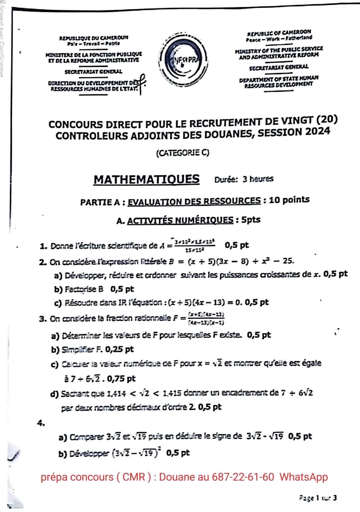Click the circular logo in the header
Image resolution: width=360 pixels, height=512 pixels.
click(x=184, y=63)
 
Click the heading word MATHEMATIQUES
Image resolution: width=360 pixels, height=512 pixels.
click(x=147, y=180)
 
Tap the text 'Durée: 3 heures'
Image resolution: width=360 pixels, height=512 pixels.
click(x=244, y=179)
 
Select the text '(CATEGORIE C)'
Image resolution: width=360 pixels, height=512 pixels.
click(x=182, y=153)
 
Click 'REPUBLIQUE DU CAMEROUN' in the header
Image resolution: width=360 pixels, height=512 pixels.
click(x=94, y=38)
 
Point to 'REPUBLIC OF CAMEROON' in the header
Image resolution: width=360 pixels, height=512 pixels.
click(x=279, y=32)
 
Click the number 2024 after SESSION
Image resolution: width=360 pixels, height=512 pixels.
click(x=318, y=131)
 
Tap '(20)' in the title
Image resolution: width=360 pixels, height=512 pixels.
click(x=327, y=119)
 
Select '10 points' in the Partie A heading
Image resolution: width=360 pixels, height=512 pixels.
click(x=289, y=200)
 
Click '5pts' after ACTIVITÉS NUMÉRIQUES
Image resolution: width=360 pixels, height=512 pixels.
click(x=251, y=220)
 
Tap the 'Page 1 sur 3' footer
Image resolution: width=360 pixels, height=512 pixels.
click(x=318, y=498)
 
